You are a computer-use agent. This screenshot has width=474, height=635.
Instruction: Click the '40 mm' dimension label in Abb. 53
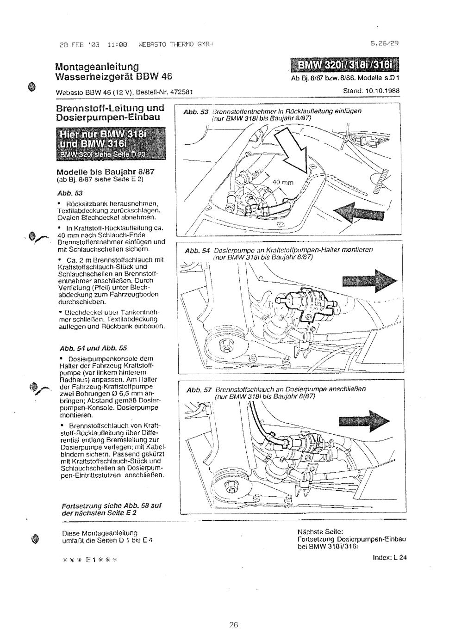pos(283,182)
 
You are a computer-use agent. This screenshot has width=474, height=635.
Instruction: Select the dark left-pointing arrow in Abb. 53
pos(362,213)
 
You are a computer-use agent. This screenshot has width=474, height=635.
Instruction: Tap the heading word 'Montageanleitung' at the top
pos(97,67)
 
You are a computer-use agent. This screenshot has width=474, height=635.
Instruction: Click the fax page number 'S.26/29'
pos(385,44)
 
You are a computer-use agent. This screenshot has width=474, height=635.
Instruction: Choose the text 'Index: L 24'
pos(390,557)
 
